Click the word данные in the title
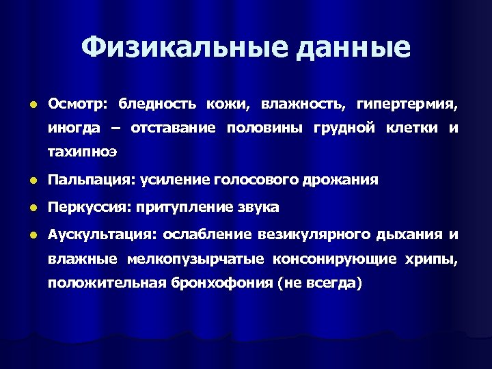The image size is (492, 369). point(349,48)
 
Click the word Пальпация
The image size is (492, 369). point(91,180)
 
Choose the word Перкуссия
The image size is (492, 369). point(90,207)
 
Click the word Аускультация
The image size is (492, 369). point(102,234)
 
